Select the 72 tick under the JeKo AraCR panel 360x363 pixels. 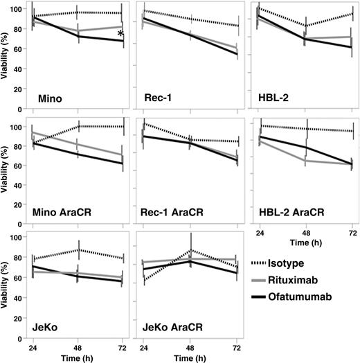pos(237,348)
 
